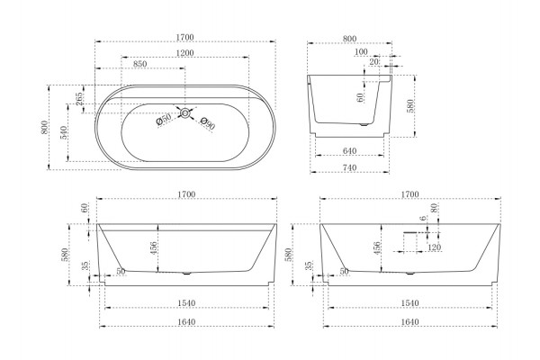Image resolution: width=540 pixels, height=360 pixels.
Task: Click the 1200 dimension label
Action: click(185, 53)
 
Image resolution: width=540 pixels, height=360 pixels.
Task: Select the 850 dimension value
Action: click(140, 64)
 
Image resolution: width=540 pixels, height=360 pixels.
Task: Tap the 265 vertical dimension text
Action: click(79, 99)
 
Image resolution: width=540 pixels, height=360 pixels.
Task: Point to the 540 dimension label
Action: click(64, 132)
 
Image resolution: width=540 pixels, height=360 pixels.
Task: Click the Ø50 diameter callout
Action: click(164, 119)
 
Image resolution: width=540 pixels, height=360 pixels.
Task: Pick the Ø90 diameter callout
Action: click(208, 123)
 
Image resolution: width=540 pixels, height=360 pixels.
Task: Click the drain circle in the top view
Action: click(185, 112)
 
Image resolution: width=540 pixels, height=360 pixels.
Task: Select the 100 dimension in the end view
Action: click(361, 52)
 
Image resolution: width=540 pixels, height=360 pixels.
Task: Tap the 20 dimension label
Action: click(373, 62)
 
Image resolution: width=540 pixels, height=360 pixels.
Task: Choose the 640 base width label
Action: click(349, 151)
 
